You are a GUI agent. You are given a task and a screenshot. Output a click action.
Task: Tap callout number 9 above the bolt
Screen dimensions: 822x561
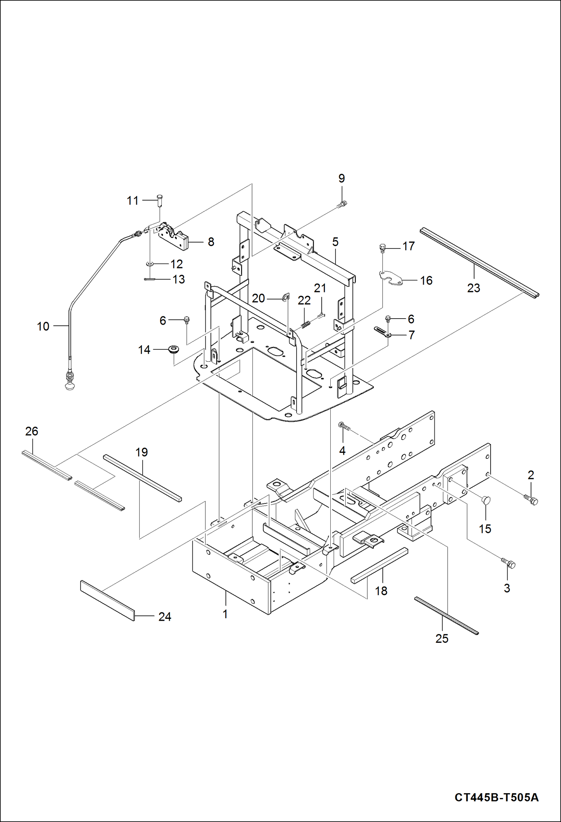342,178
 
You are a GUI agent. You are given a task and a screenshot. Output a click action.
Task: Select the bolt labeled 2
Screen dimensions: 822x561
531,499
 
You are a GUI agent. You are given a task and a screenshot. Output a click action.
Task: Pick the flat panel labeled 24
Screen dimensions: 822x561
107,600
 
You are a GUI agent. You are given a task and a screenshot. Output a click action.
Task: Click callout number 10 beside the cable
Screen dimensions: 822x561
43,326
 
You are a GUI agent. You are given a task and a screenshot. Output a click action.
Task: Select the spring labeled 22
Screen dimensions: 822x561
306,324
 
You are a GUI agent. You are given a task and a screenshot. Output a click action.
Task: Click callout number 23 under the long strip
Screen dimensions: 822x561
473,288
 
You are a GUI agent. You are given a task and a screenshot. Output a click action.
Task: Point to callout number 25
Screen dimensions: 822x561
442,638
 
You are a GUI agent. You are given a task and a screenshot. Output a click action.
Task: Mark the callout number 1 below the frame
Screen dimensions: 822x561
225,614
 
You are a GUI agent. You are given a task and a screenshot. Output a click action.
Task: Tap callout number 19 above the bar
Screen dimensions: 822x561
142,452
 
